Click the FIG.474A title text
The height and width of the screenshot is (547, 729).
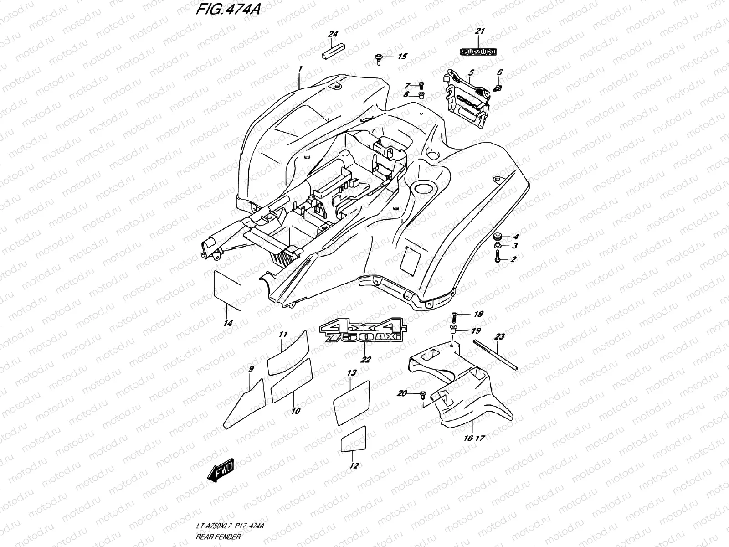pyautogui.click(x=228, y=10)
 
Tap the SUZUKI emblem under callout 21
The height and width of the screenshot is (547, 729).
pyautogui.click(x=479, y=52)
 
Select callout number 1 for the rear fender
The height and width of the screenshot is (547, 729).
pyautogui.click(x=300, y=69)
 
